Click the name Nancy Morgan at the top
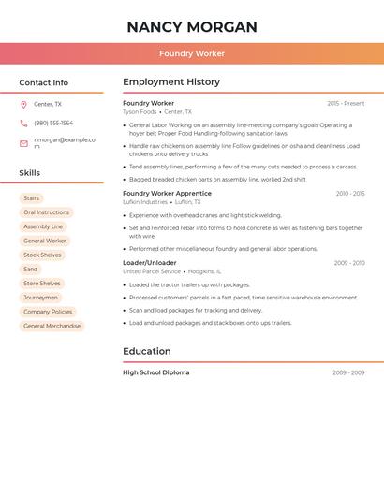191,27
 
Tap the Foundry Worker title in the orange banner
191,54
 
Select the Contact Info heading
43,82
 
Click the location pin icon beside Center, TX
23,105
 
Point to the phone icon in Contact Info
23,124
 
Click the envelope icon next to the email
23,143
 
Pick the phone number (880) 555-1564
53,124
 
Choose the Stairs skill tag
32,198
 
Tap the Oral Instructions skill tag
46,212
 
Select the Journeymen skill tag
40,298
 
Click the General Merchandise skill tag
52,326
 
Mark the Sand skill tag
31,270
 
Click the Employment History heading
171,82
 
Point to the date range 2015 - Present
346,103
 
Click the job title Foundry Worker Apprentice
167,194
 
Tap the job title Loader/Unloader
149,263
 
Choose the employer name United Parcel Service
152,271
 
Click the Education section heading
147,352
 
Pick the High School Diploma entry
155,372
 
